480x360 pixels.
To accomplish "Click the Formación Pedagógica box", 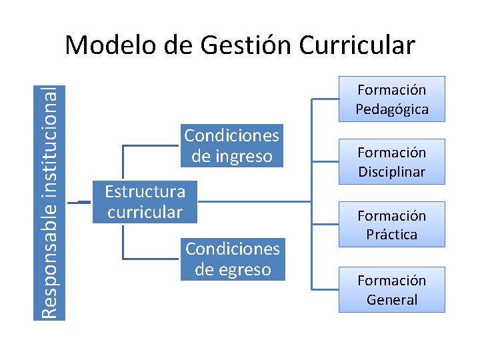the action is coord(391,99).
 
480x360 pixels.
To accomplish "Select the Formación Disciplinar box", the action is coord(391,162).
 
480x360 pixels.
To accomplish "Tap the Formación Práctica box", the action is coord(391,225).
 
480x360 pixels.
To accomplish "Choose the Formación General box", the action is coord(391,289).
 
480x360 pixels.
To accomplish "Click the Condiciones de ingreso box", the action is coord(231,145).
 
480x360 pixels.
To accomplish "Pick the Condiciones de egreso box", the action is coord(232,259).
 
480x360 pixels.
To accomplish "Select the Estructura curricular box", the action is coord(145,201).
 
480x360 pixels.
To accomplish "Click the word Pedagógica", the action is coord(391,109).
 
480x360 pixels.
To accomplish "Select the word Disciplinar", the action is coord(391,172).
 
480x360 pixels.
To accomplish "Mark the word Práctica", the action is coord(391,235).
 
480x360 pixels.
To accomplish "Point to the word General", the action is coord(391,299).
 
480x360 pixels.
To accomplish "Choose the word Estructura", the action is coord(145,191).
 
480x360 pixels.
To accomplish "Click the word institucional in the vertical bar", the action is coord(50,140).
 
